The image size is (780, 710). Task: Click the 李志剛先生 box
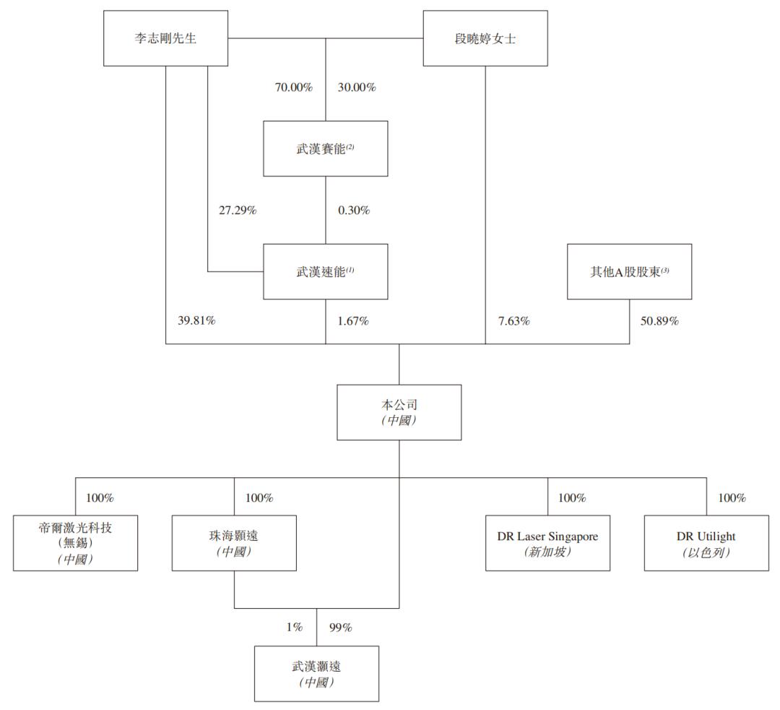click(x=165, y=38)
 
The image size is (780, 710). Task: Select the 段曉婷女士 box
click(x=485, y=38)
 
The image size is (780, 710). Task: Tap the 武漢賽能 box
click(x=325, y=148)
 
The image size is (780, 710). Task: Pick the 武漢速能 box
click(x=325, y=271)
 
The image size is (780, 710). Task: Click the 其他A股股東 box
click(x=629, y=271)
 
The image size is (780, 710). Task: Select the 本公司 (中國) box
click(x=399, y=412)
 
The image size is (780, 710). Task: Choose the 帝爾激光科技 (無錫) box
click(x=76, y=543)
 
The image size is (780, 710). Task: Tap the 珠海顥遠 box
click(x=234, y=543)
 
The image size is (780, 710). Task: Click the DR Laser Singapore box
click(x=547, y=543)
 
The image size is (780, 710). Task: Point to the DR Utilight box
click(x=706, y=543)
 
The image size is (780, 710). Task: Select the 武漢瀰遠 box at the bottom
click(x=317, y=674)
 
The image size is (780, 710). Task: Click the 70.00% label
click(x=293, y=87)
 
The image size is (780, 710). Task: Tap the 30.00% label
click(x=357, y=87)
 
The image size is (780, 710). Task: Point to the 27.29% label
click(x=238, y=210)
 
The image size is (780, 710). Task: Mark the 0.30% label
click(x=354, y=210)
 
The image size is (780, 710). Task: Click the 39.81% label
click(x=196, y=320)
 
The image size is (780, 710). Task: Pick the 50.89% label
click(x=659, y=320)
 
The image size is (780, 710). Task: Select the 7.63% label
click(x=514, y=320)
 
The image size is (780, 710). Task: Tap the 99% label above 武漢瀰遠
click(x=340, y=628)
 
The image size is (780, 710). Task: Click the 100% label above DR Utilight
click(x=732, y=497)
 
